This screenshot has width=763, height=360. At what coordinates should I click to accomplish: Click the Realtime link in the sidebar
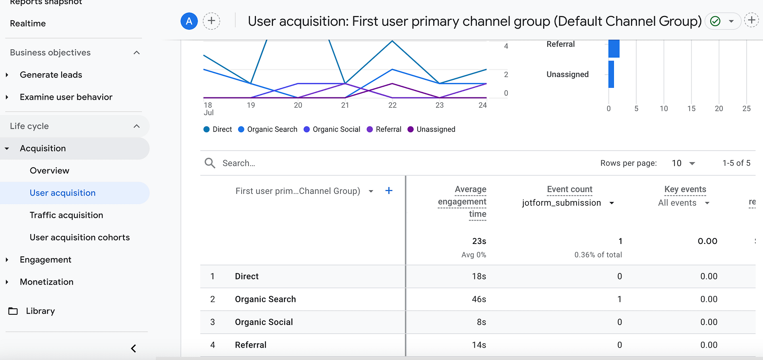(28, 23)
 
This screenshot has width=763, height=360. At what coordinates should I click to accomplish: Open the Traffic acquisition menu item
(66, 215)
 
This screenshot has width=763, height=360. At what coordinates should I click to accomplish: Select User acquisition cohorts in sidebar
(79, 237)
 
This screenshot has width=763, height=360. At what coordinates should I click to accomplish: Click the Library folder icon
(13, 311)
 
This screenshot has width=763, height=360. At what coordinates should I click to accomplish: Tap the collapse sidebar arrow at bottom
(134, 348)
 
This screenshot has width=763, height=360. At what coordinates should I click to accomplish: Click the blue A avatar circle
(189, 21)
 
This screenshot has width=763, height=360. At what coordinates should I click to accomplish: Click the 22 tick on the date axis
(392, 105)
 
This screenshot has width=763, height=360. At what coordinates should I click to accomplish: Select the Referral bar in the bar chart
(614, 48)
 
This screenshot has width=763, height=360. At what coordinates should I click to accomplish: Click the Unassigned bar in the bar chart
(611, 74)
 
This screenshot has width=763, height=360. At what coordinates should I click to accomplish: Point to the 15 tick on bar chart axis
(691, 108)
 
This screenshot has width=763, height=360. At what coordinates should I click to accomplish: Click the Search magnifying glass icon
(210, 163)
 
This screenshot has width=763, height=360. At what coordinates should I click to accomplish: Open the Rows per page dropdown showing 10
(683, 163)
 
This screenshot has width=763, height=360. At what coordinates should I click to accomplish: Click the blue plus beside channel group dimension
(389, 191)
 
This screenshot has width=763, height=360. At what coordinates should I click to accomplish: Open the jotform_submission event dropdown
(612, 203)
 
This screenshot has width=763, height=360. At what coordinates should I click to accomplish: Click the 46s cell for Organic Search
(479, 299)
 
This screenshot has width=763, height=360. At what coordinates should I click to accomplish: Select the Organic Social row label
(264, 322)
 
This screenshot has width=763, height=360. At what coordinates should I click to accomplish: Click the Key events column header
(685, 189)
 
